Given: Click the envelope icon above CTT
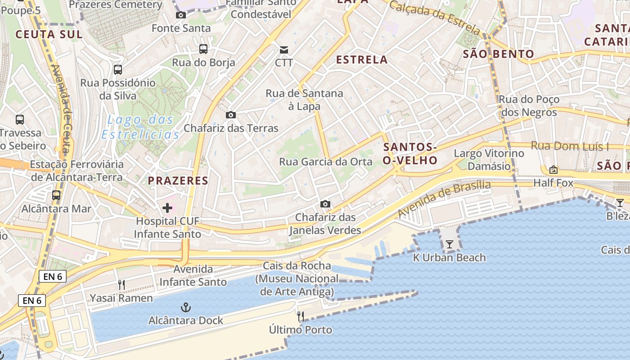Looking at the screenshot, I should click(284, 49).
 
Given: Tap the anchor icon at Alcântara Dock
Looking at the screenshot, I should click(186, 308).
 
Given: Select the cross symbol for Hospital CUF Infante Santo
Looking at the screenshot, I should click(167, 208).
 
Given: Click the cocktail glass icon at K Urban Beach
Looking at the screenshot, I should click(449, 244).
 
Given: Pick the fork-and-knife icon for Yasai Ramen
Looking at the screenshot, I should click(121, 284).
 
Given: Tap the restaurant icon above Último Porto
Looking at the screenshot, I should click(301, 316).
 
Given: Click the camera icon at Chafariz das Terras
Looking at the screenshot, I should click(231, 115).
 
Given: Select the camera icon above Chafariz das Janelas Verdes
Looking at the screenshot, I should click(325, 204).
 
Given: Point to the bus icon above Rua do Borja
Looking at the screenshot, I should click(203, 49).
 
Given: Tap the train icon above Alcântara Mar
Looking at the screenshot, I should click(56, 195).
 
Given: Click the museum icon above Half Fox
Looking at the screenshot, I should click(553, 170).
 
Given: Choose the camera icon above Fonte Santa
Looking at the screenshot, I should click(181, 15).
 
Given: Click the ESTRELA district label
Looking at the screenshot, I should click(362, 59).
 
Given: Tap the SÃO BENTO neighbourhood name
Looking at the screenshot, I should click(499, 54).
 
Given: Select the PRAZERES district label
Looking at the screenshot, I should click(178, 181).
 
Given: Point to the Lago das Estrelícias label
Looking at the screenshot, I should click(140, 127).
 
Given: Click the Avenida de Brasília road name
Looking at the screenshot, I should click(445, 198).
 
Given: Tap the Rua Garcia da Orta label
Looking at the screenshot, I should click(326, 162).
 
